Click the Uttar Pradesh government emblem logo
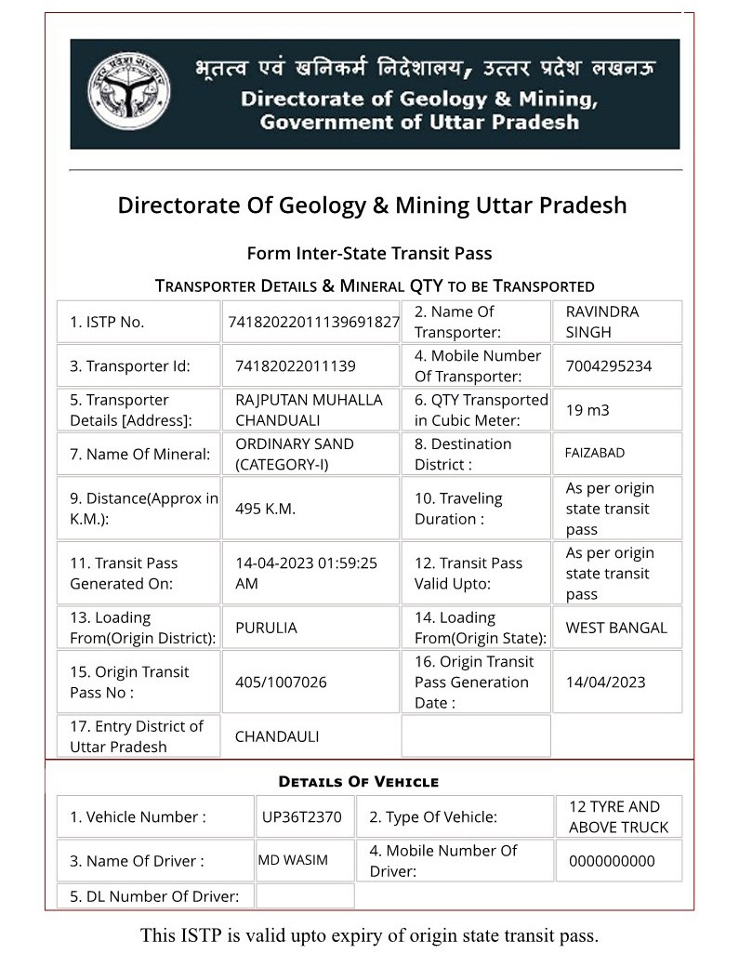[x=128, y=92]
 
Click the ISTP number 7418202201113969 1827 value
[x=313, y=322]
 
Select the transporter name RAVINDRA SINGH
[x=602, y=322]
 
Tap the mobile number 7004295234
[x=609, y=365]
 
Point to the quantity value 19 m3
[x=587, y=410]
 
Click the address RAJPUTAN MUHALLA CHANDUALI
[x=309, y=410]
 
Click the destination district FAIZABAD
[x=595, y=454]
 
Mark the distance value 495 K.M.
[x=265, y=509]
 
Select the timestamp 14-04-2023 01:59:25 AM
[x=306, y=573]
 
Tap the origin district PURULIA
[x=266, y=628]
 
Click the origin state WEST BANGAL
[x=616, y=628]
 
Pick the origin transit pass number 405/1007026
[x=281, y=682]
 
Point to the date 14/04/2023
[x=605, y=682]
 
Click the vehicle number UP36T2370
[x=302, y=817]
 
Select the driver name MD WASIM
[x=293, y=860]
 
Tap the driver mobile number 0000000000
[x=612, y=861]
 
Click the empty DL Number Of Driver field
[x=305, y=896]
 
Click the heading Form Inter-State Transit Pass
[x=369, y=253]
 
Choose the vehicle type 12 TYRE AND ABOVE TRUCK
[x=618, y=816]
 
